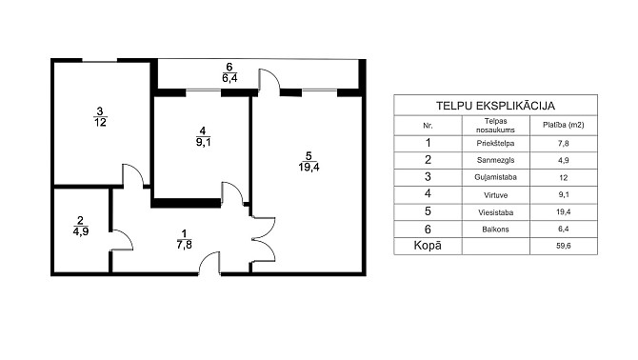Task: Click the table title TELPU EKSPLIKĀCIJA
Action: click(495, 106)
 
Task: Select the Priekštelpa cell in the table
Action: click(495, 144)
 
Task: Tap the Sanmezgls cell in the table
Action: click(495, 160)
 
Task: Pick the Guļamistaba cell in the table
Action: click(495, 177)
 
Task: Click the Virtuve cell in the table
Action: click(495, 195)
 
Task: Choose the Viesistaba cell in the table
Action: click(495, 212)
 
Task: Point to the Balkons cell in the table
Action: click(495, 230)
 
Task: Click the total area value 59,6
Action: click(564, 246)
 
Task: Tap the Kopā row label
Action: click(428, 246)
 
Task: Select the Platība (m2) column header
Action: click(564, 125)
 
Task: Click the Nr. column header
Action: click(428, 126)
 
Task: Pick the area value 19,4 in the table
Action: click(564, 212)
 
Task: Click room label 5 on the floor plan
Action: click(309, 162)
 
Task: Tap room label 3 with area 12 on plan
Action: click(100, 117)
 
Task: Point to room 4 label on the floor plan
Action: click(203, 136)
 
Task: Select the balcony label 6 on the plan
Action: click(229, 72)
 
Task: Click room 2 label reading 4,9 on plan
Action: click(81, 226)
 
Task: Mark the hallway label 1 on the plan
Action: click(185, 239)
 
